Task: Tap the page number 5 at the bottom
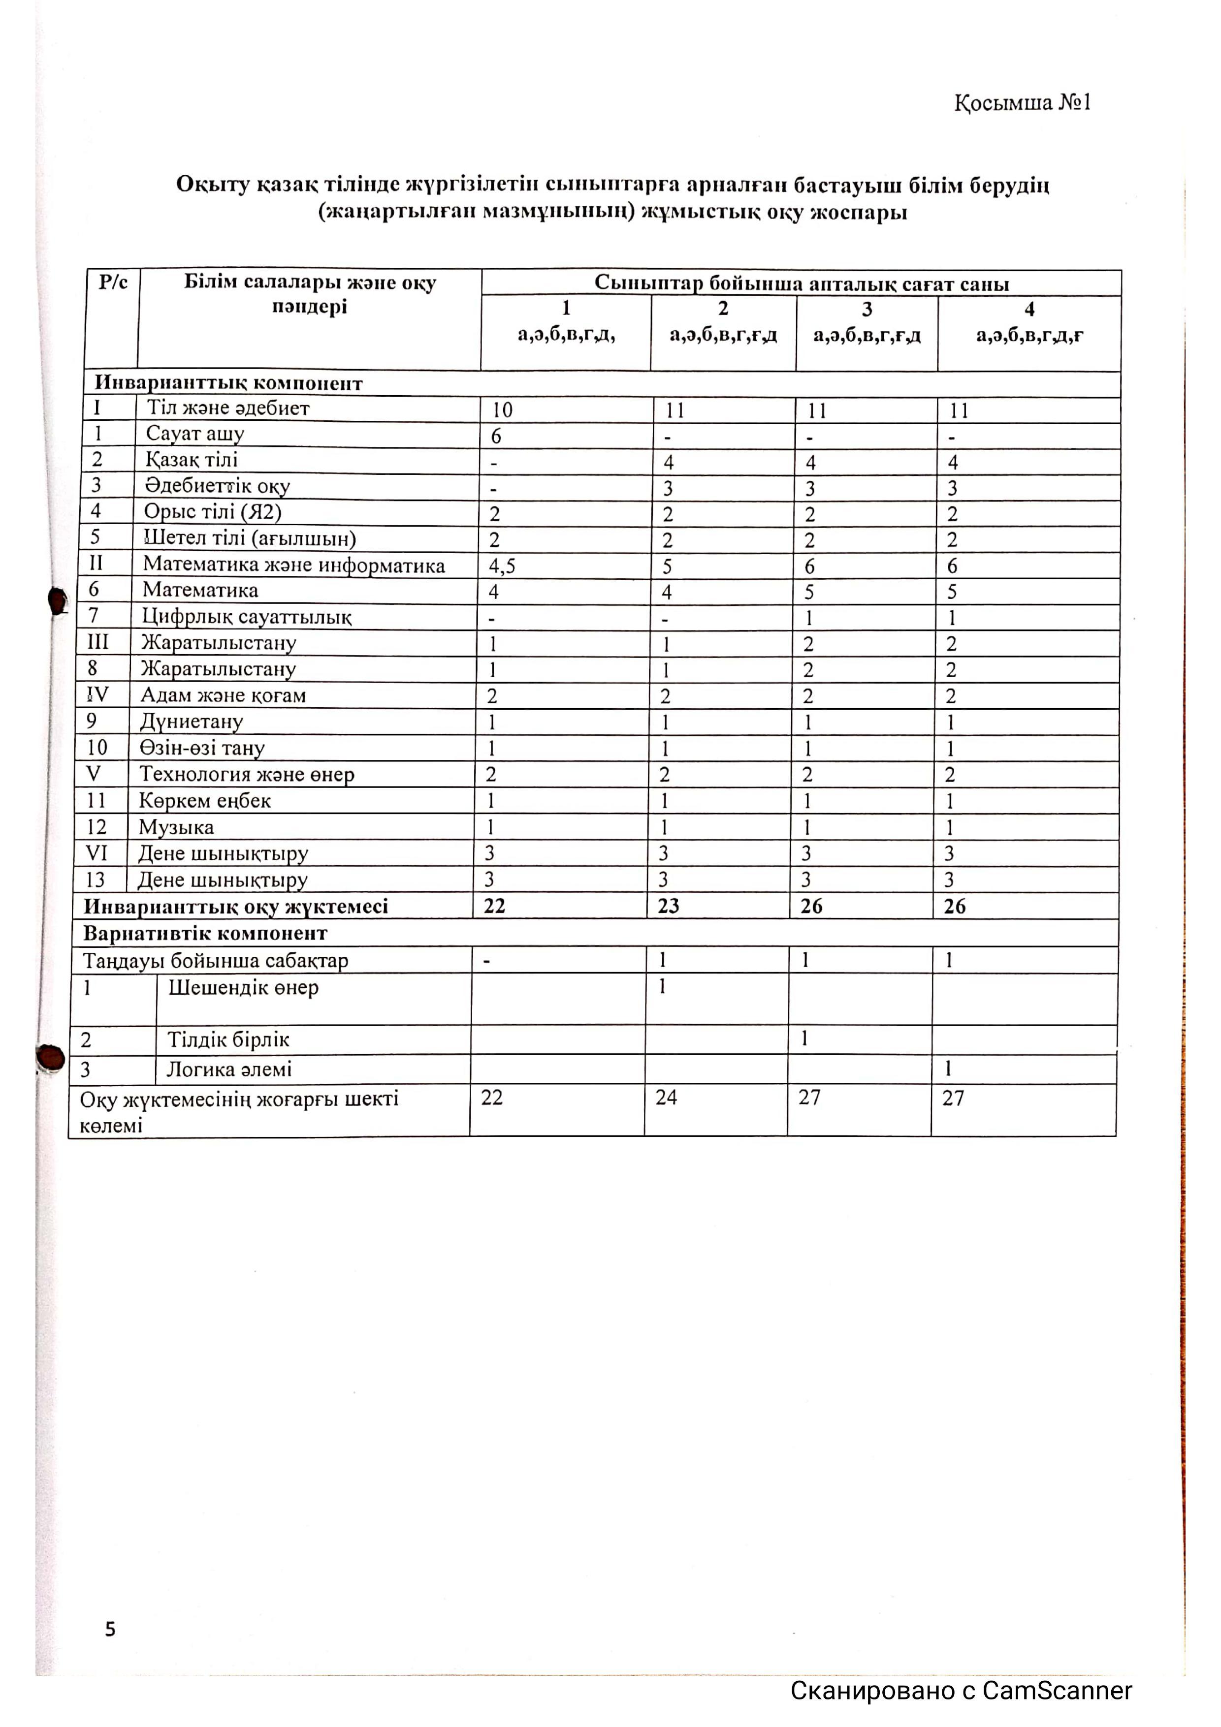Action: point(111,1629)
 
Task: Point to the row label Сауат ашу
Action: point(195,434)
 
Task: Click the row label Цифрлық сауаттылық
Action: point(247,617)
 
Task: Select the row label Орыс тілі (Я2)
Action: point(213,512)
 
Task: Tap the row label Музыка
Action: point(176,827)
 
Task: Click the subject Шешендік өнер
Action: point(243,988)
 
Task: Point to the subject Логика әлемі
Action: point(229,1069)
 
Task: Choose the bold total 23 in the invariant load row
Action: point(668,907)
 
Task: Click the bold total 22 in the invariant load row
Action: point(494,907)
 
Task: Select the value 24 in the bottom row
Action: point(666,1098)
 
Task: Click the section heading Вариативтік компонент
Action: point(205,934)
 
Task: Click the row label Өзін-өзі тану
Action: point(202,749)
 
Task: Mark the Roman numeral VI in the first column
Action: point(96,853)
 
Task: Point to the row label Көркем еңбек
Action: point(205,801)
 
